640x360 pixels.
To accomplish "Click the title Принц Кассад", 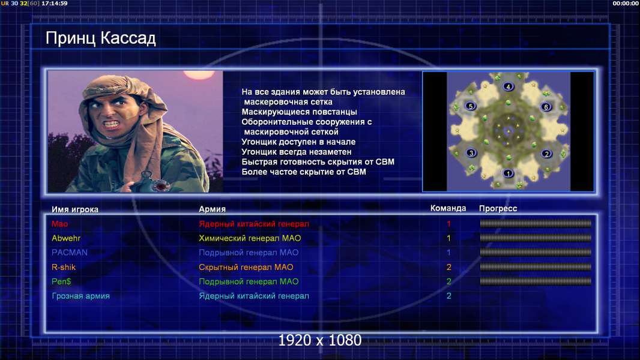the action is (100, 38).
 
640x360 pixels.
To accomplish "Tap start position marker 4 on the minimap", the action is (508, 86).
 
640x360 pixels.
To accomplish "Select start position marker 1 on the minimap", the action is (508, 173).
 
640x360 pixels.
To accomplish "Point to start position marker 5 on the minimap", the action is (471, 106).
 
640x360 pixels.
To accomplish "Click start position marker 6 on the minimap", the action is (546, 107).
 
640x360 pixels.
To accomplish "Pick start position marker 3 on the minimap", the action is (471, 153).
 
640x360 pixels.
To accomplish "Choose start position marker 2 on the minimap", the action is (546, 154).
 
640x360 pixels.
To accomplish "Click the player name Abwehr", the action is (66, 238).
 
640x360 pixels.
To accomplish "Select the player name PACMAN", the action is (70, 253).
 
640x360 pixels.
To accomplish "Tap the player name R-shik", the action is (63, 267).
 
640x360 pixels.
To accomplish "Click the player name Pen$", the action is (61, 281).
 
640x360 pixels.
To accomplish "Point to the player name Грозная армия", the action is (80, 296).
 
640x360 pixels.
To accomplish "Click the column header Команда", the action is (448, 208).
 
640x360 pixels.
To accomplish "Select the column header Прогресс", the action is (498, 209).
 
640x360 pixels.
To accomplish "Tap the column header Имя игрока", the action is (74, 209).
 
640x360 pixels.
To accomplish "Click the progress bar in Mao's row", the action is (536, 223).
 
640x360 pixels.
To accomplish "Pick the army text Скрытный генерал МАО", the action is (246, 268).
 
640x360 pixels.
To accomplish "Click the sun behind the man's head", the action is (199, 74).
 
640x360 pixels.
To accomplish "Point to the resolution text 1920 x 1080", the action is (319, 340).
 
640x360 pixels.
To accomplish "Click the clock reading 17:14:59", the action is (55, 3).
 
